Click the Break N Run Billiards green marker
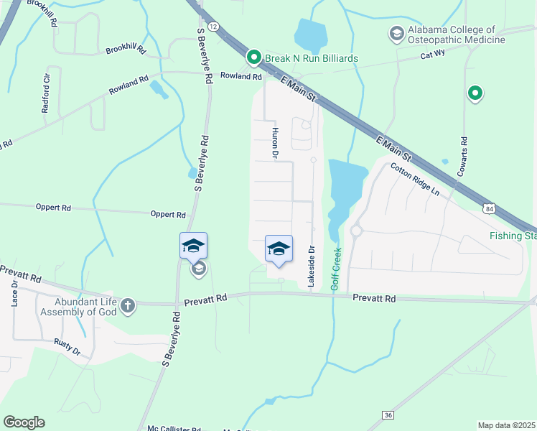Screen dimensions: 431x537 point(253,57)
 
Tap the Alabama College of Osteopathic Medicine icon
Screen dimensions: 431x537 point(396,33)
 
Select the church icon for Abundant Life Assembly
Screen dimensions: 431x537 point(128,306)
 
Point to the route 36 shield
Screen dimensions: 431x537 point(388,415)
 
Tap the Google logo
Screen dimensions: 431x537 point(24,422)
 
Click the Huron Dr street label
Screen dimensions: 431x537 point(274,142)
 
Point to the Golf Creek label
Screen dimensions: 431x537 point(336,269)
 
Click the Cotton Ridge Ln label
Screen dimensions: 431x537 point(414,179)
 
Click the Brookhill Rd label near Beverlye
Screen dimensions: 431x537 point(126,50)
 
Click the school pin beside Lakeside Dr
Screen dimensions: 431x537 point(279,249)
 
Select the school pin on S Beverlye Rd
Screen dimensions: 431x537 point(193,246)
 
